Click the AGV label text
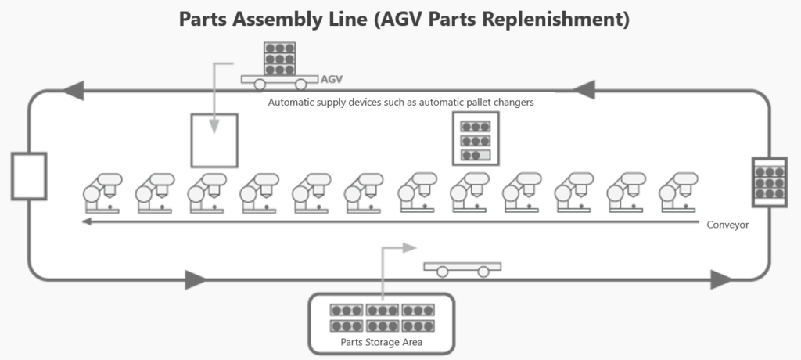tap(332, 79)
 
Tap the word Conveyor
tap(727, 225)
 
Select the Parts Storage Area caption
tap(381, 342)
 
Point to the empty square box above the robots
tap(214, 140)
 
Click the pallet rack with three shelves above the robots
tap(476, 139)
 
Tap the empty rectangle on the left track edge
tap(29, 175)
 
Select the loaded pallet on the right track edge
tap(769, 182)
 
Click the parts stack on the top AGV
tap(280, 57)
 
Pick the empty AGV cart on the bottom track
tap(462, 268)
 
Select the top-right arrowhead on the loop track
tap(587, 91)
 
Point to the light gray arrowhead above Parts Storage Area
tap(411, 247)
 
